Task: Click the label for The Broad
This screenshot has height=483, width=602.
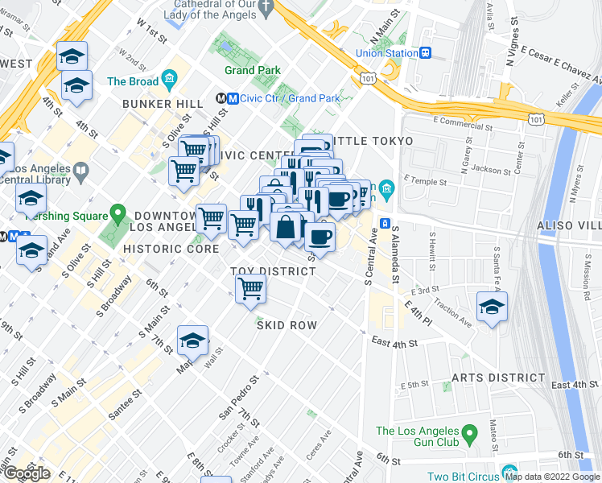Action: point(133,81)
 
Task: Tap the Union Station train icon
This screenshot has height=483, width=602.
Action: point(425,53)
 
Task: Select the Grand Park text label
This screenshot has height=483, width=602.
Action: point(253,71)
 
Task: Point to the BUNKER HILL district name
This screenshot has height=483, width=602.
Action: point(158,104)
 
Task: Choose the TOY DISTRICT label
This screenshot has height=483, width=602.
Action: point(273,271)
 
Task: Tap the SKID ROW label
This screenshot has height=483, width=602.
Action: point(287,325)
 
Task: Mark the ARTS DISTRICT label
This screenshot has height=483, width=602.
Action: point(498,378)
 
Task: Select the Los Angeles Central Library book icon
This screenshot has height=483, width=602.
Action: point(81,171)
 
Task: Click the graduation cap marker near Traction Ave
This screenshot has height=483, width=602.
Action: point(492,306)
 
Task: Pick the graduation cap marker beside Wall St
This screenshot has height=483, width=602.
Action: point(193,341)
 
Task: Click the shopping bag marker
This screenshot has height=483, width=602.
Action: point(286,227)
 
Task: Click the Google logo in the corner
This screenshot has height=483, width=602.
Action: point(26,473)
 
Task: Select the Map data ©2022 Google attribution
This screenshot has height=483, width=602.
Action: point(553,477)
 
